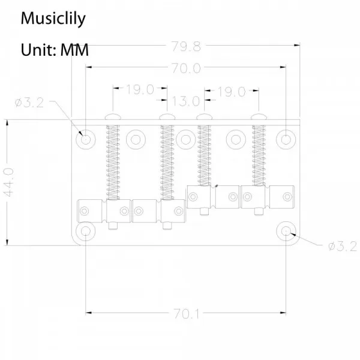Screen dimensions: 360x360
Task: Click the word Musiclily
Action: coord(53,19)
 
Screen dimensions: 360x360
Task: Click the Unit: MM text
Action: coord(55,49)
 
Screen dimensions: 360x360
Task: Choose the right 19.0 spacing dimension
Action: coord(232,91)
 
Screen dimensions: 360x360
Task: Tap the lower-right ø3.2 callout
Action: coord(343,246)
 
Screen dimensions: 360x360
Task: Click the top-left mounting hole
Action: coord(86,140)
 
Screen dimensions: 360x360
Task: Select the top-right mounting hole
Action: coord(286,140)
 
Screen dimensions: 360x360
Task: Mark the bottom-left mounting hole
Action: coord(86,232)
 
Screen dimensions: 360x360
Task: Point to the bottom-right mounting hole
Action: coord(286,232)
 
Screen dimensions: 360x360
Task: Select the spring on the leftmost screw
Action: coord(112,160)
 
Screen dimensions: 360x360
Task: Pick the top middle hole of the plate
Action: coord(187,140)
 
